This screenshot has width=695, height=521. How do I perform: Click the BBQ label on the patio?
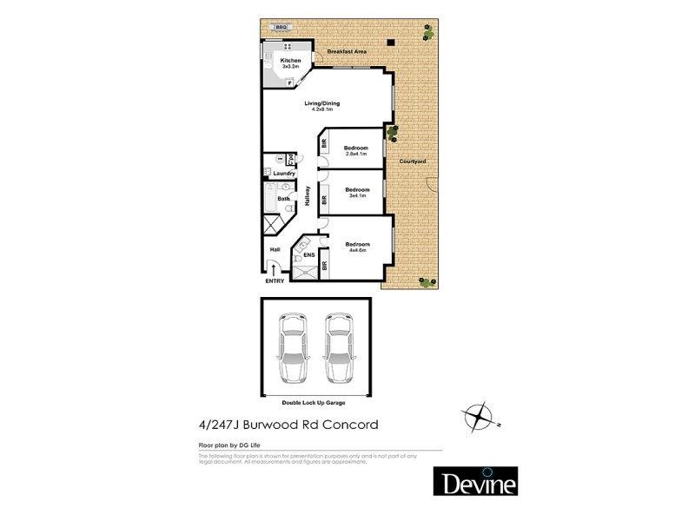click(280, 28)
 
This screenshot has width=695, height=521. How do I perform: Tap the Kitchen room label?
click(291, 60)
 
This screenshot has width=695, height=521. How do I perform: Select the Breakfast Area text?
click(345, 53)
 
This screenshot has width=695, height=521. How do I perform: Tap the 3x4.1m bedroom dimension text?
click(358, 195)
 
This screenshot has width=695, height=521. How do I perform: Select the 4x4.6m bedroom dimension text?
click(358, 251)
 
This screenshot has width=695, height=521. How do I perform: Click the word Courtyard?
click(411, 162)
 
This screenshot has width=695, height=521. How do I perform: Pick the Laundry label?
click(284, 174)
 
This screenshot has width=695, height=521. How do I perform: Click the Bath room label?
click(283, 199)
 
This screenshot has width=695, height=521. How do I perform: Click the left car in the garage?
click(289, 349)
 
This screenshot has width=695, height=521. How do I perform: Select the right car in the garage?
click(337, 349)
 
